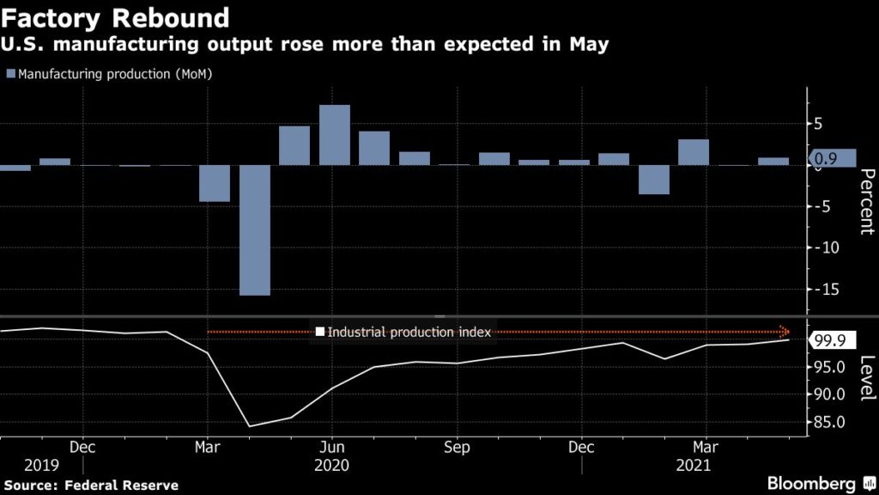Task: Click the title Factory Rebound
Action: [116, 17]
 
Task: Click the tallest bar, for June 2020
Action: [335, 135]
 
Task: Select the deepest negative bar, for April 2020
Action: [255, 229]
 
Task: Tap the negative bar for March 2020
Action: [215, 183]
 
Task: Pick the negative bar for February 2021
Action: [654, 180]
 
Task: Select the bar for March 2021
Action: [694, 152]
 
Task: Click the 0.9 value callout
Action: [832, 157]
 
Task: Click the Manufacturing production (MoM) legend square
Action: [11, 74]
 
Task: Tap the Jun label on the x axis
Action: [332, 448]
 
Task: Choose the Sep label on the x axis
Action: [457, 448]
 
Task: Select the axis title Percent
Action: [866, 202]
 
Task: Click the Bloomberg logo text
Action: [815, 483]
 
